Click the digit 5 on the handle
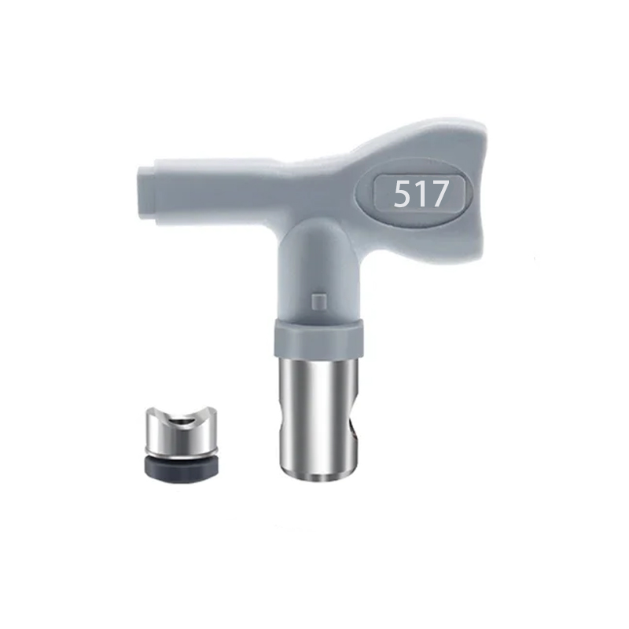(402, 194)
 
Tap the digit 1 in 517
(419, 194)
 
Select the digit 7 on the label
(437, 194)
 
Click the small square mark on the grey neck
(318, 302)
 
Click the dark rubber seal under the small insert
(182, 470)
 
